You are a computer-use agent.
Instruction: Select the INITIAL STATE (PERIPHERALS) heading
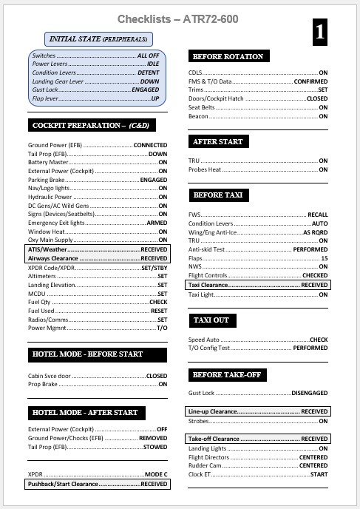(x=98, y=38)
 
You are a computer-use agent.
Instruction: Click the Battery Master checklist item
(x=49, y=161)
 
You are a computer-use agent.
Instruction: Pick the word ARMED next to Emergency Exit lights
(x=157, y=223)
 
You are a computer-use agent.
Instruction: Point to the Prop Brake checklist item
(x=44, y=384)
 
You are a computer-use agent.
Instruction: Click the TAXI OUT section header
(x=213, y=320)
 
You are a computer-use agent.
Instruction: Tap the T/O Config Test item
(x=210, y=347)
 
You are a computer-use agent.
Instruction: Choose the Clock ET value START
(x=319, y=475)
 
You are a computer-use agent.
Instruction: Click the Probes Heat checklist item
(x=206, y=169)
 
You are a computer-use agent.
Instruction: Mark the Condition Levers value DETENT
(x=148, y=73)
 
